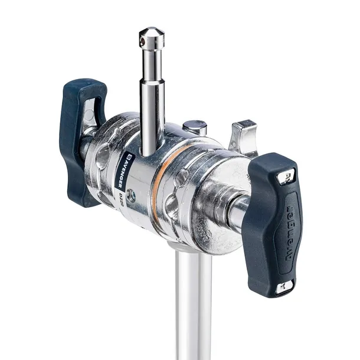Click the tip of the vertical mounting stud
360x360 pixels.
(x=152, y=30)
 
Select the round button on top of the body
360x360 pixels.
(x=194, y=127)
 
